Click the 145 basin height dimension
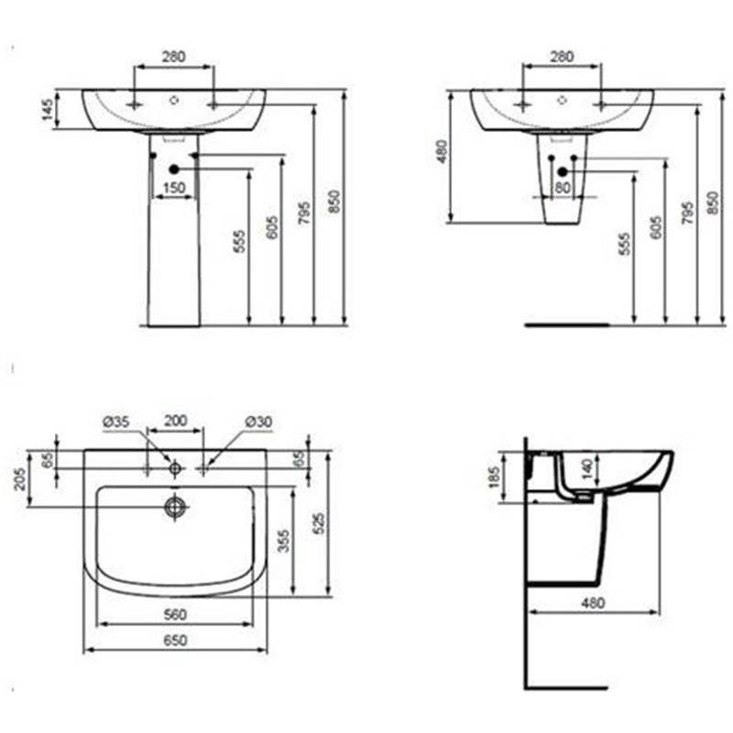click(49, 109)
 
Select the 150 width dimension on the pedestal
click(174, 188)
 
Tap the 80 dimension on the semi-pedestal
click(563, 188)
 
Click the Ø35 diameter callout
click(116, 421)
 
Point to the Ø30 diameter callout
click(258, 421)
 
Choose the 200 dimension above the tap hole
click(175, 421)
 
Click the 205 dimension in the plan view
click(19, 477)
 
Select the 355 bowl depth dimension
click(284, 541)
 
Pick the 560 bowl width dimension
click(175, 615)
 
